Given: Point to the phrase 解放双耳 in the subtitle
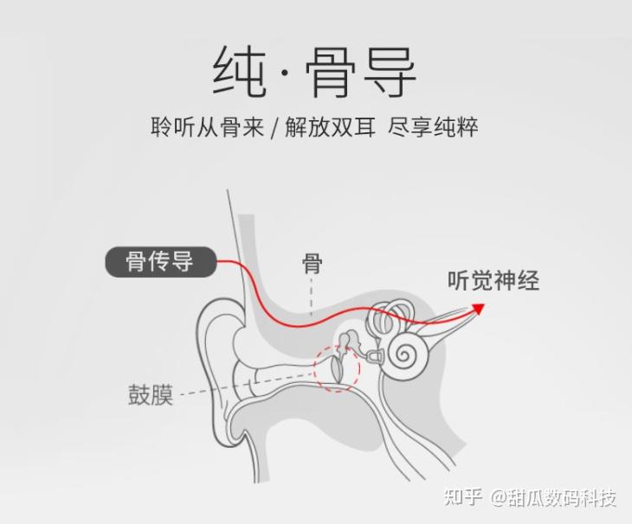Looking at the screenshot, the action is coord(330,126).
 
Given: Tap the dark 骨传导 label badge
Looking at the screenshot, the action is coord(160,260).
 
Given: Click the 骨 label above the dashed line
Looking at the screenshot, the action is coord(312,263).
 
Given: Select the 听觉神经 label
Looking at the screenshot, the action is coord(493,281).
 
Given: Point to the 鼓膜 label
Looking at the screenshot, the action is coord(151,395).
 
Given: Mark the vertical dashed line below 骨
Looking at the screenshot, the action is coord(312,298).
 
